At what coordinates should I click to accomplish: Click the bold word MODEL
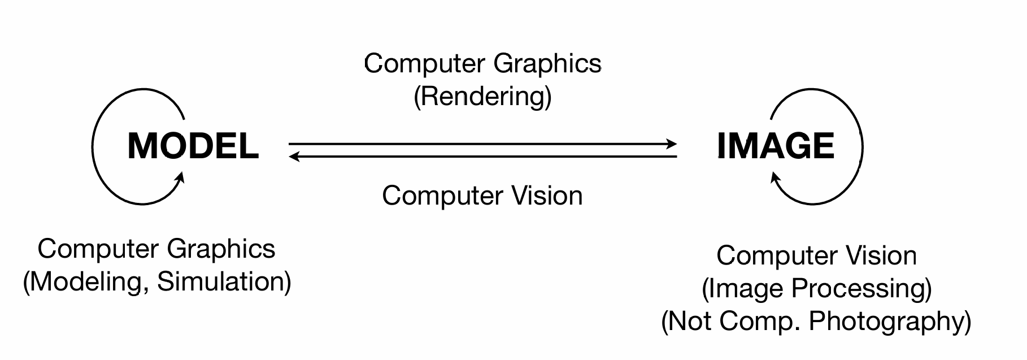coord(193,146)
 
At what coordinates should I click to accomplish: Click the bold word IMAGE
coord(775,146)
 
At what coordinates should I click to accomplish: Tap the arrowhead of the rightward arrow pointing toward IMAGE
coord(672,144)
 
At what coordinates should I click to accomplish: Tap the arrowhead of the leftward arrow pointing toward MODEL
coord(294,156)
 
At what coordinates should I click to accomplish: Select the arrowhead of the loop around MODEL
coord(180,178)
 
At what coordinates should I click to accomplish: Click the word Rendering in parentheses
coord(482,96)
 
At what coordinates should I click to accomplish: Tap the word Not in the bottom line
coord(692,321)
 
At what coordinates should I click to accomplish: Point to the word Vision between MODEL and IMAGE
coord(547,196)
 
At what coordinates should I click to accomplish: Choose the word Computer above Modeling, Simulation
coord(98,249)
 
